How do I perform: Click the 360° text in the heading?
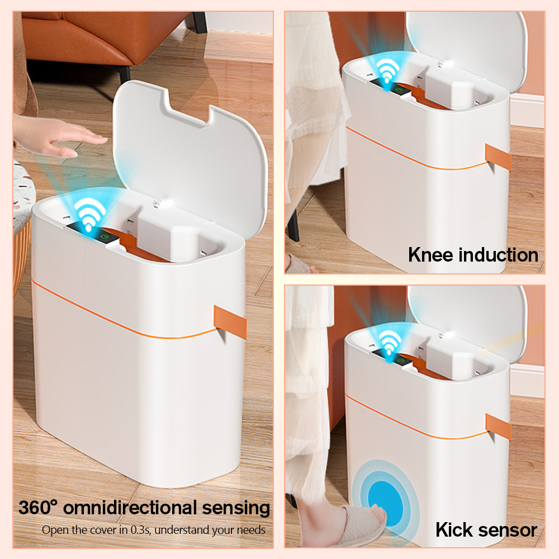click(38, 508)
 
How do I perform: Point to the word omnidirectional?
click(130, 508)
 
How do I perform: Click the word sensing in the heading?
click(236, 508)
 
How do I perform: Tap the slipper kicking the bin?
click(360, 524)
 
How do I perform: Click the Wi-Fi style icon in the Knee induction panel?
click(388, 71)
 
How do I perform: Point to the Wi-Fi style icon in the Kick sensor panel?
click(390, 342)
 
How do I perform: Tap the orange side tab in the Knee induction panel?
click(498, 157)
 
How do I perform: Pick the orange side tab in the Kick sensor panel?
click(498, 427)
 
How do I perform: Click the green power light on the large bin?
click(105, 236)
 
